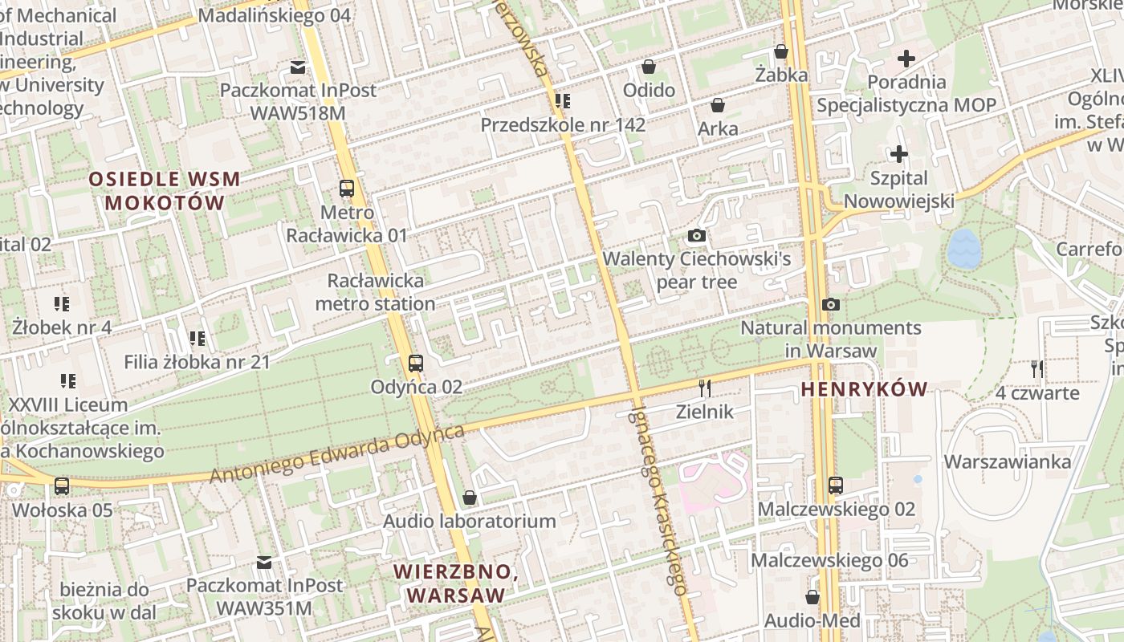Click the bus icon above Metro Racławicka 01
(347, 189)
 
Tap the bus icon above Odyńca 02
(415, 364)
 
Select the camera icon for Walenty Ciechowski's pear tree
(697, 236)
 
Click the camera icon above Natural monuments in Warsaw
(831, 305)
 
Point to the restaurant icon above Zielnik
(705, 388)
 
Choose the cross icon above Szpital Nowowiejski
(899, 154)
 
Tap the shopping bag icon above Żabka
(780, 52)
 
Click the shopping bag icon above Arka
(718, 105)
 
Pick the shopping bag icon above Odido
(649, 66)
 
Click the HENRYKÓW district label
(864, 390)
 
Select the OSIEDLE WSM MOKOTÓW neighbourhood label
(165, 190)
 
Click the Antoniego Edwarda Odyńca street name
(337, 455)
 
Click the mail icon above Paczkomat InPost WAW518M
(298, 67)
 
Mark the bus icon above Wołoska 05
(62, 486)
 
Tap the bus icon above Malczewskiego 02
(836, 486)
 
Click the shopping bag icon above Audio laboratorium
(470, 498)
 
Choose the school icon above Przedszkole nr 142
(563, 101)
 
